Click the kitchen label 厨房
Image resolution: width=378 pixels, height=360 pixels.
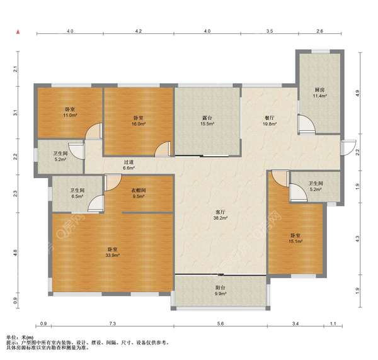pyautogui.click(x=319, y=90)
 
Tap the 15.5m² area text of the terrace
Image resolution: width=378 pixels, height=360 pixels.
pyautogui.click(x=207, y=124)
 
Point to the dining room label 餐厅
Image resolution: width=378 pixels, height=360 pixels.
pyautogui.click(x=269, y=118)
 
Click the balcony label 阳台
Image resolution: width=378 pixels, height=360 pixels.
pyautogui.click(x=220, y=288)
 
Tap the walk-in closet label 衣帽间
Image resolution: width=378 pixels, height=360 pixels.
pyautogui.click(x=139, y=191)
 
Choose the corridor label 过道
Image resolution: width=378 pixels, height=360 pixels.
pyautogui.click(x=129, y=162)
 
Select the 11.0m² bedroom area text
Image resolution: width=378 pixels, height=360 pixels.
pyautogui.click(x=70, y=115)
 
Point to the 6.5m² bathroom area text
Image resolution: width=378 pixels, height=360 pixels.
pyautogui.click(x=77, y=196)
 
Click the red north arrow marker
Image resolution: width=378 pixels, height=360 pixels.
pyautogui.click(x=18, y=31)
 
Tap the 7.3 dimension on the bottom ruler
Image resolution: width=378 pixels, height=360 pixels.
pyautogui.click(x=113, y=324)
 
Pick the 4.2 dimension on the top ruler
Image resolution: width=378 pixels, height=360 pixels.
pyautogui.click(x=139, y=31)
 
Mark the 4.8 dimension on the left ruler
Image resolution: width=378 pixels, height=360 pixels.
pyautogui.click(x=15, y=252)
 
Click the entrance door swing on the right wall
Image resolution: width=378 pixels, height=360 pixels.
pyautogui.click(x=349, y=148)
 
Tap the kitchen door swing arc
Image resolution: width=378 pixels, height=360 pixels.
pyautogui.click(x=307, y=124)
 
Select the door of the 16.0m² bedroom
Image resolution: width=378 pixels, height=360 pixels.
pyautogui.click(x=163, y=149)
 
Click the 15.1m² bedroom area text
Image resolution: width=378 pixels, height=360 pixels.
pyautogui.click(x=295, y=241)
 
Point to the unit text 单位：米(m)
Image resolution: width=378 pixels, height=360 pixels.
pyautogui.click(x=20, y=337)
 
